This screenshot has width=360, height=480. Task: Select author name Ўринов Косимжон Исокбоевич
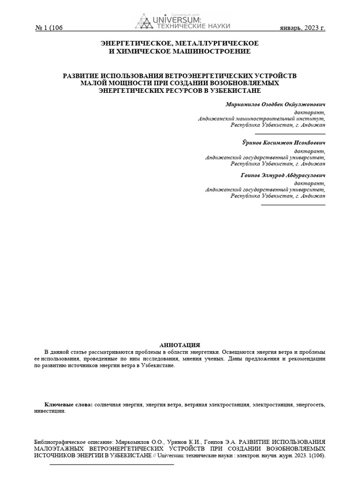point(280,142)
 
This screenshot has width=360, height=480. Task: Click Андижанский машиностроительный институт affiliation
point(261,119)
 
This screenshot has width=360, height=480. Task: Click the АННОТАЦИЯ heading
point(180,345)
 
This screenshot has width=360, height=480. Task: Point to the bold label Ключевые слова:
point(68,404)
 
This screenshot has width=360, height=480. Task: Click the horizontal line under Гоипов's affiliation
point(292,205)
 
